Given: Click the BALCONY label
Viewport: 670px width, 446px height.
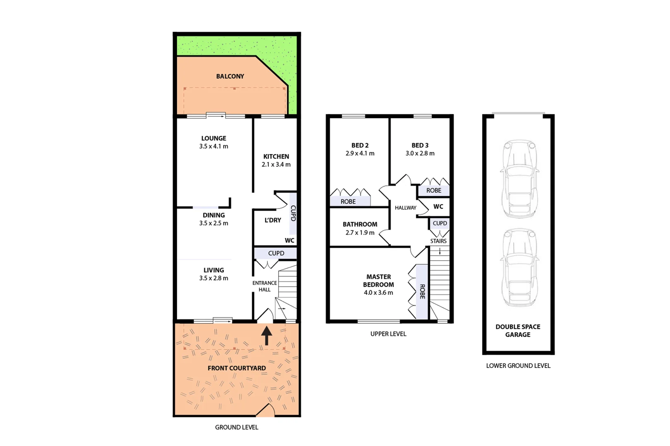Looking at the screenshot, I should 230,76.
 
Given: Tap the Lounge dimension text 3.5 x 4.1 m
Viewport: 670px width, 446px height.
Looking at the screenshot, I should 214,146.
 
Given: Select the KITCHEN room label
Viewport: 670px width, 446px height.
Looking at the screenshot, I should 276,157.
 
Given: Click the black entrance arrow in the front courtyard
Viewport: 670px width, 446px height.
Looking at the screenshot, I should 267,335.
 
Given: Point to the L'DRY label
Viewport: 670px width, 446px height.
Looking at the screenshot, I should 273,220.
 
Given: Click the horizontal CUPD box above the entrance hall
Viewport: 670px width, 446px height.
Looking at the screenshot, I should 276,253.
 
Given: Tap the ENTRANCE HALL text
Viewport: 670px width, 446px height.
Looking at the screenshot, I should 265,286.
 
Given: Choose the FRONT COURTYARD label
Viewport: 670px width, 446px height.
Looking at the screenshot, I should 236,368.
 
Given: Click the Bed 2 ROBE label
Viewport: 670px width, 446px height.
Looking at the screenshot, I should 348,202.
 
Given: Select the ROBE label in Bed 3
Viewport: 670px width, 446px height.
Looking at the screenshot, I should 434,190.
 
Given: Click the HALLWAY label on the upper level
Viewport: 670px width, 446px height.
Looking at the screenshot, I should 405,208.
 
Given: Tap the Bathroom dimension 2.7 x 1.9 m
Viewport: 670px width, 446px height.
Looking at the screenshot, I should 360,232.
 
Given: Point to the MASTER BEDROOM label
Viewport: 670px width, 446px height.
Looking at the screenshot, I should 379,281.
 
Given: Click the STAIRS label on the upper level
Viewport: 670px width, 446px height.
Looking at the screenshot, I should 438,241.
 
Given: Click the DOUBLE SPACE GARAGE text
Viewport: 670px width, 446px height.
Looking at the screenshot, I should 518,330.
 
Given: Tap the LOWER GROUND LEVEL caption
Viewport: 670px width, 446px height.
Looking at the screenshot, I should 518,365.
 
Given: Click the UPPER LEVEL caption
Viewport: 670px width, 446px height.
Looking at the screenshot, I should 388,334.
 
